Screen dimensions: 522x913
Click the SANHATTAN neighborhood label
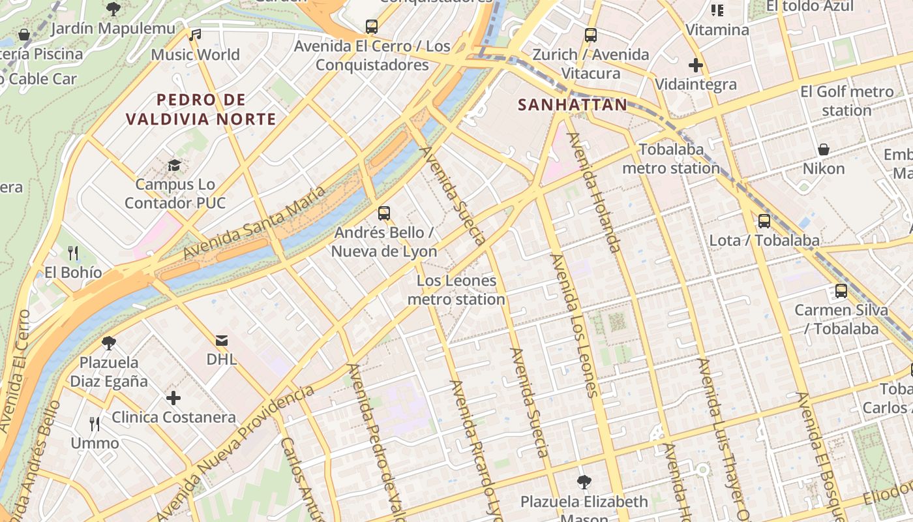[x=572, y=104]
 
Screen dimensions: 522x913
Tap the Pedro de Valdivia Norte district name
[x=201, y=110]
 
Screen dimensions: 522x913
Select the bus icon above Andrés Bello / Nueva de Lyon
[x=384, y=213]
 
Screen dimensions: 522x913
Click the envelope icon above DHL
[x=222, y=340]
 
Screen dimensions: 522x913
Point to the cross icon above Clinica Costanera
[x=173, y=397]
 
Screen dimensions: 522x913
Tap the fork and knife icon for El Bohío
[x=73, y=253]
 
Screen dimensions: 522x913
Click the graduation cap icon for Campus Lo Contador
[x=174, y=165]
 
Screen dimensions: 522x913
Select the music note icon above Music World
[x=195, y=35]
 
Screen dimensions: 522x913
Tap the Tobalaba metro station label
[x=671, y=159]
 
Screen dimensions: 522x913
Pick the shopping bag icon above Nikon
[x=824, y=149]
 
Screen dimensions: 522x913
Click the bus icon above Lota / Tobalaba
[x=764, y=221]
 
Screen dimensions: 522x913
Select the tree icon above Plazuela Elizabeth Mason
[x=584, y=482]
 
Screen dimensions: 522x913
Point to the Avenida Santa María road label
[x=254, y=223]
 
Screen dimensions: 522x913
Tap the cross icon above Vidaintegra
[x=696, y=65]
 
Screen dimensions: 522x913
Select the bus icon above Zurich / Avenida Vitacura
[x=591, y=35]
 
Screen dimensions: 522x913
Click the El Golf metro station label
[x=846, y=101]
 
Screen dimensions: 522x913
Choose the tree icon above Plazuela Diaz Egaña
[x=109, y=343]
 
